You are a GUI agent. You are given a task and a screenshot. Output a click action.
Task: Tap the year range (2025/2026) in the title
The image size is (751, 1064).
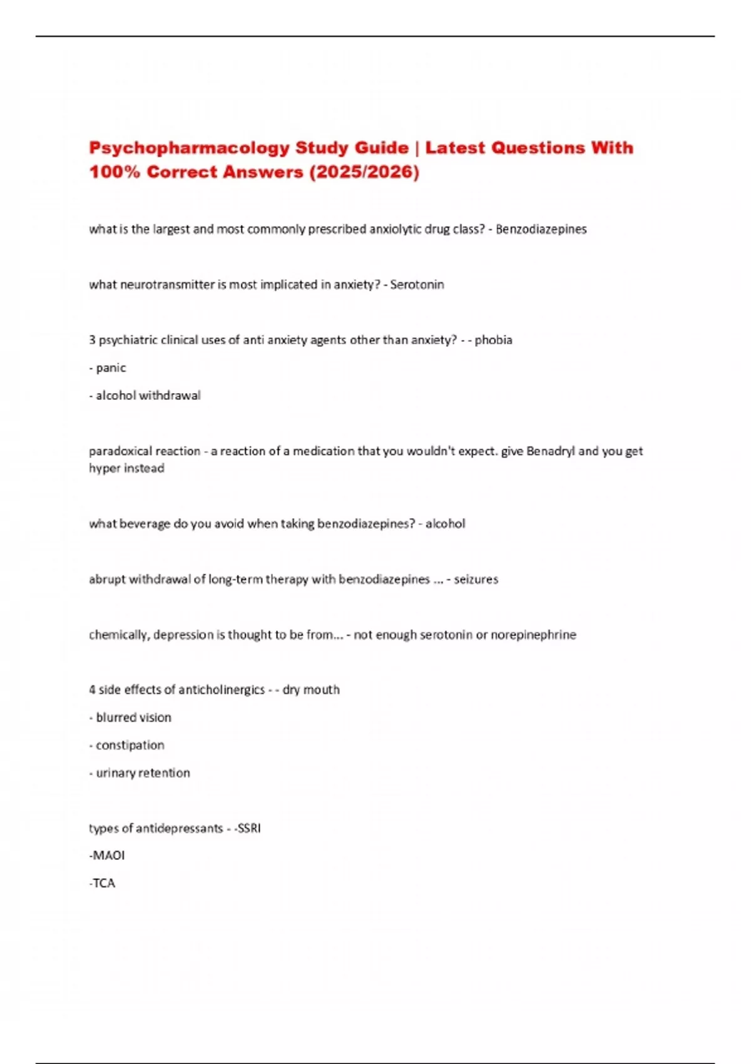click(x=364, y=172)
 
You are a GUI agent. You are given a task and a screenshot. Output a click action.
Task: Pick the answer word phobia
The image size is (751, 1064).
click(x=493, y=340)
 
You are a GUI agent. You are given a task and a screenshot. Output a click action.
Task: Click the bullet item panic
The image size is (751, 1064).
click(x=111, y=368)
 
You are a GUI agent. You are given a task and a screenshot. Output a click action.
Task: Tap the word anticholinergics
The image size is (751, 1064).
click(x=222, y=690)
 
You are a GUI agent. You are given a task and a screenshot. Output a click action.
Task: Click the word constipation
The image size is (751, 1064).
click(x=130, y=745)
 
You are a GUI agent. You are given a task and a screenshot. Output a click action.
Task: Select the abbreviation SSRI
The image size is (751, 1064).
click(x=249, y=829)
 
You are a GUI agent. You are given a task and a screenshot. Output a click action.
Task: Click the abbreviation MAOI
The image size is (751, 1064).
click(x=108, y=856)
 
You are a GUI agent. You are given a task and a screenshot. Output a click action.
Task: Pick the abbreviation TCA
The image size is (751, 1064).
click(x=104, y=883)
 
